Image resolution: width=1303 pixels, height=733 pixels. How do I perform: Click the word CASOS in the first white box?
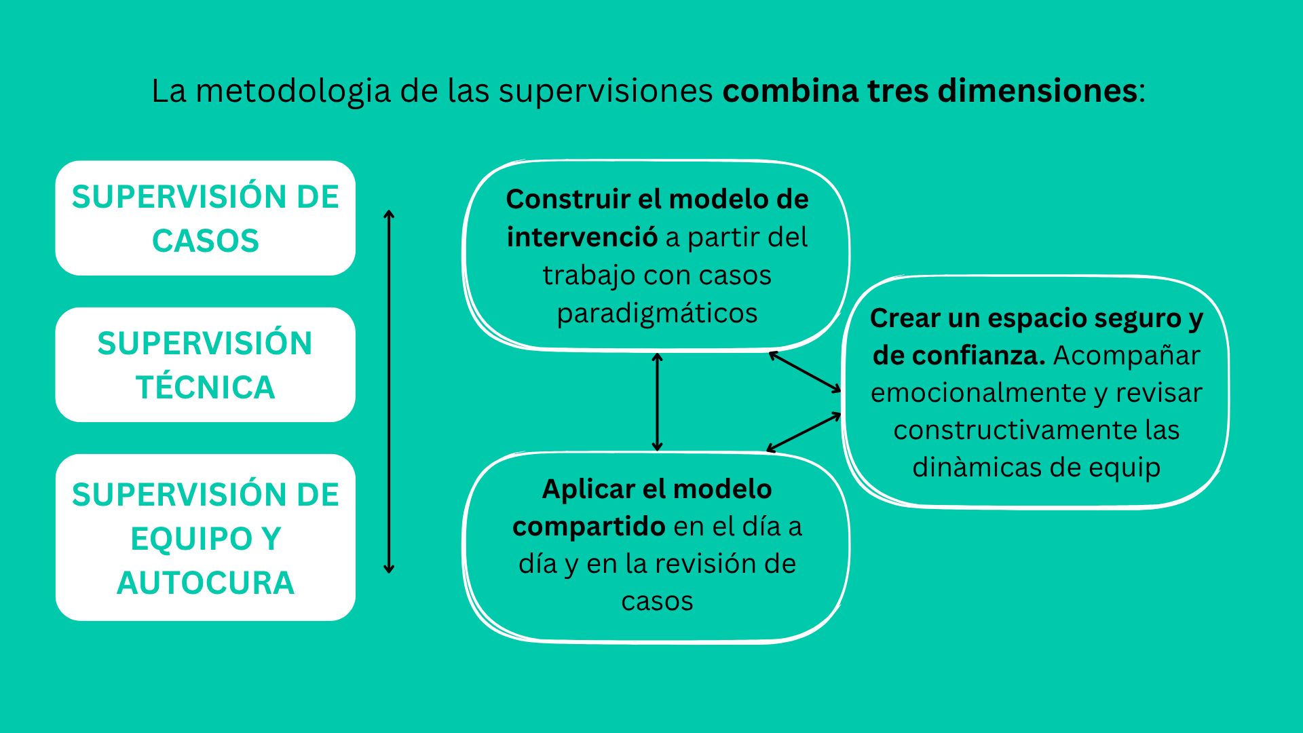206,241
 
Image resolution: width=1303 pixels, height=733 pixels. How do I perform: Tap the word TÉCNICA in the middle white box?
206,388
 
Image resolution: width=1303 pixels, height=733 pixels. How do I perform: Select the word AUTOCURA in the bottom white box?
206,583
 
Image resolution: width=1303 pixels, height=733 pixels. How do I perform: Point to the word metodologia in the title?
293,92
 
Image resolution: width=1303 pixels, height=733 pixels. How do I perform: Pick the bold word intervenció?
582,237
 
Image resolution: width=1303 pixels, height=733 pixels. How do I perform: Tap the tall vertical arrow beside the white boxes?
389,392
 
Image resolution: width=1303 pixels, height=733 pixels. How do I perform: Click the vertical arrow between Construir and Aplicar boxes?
657,402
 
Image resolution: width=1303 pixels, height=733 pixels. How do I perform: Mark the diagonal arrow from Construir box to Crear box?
805,371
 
